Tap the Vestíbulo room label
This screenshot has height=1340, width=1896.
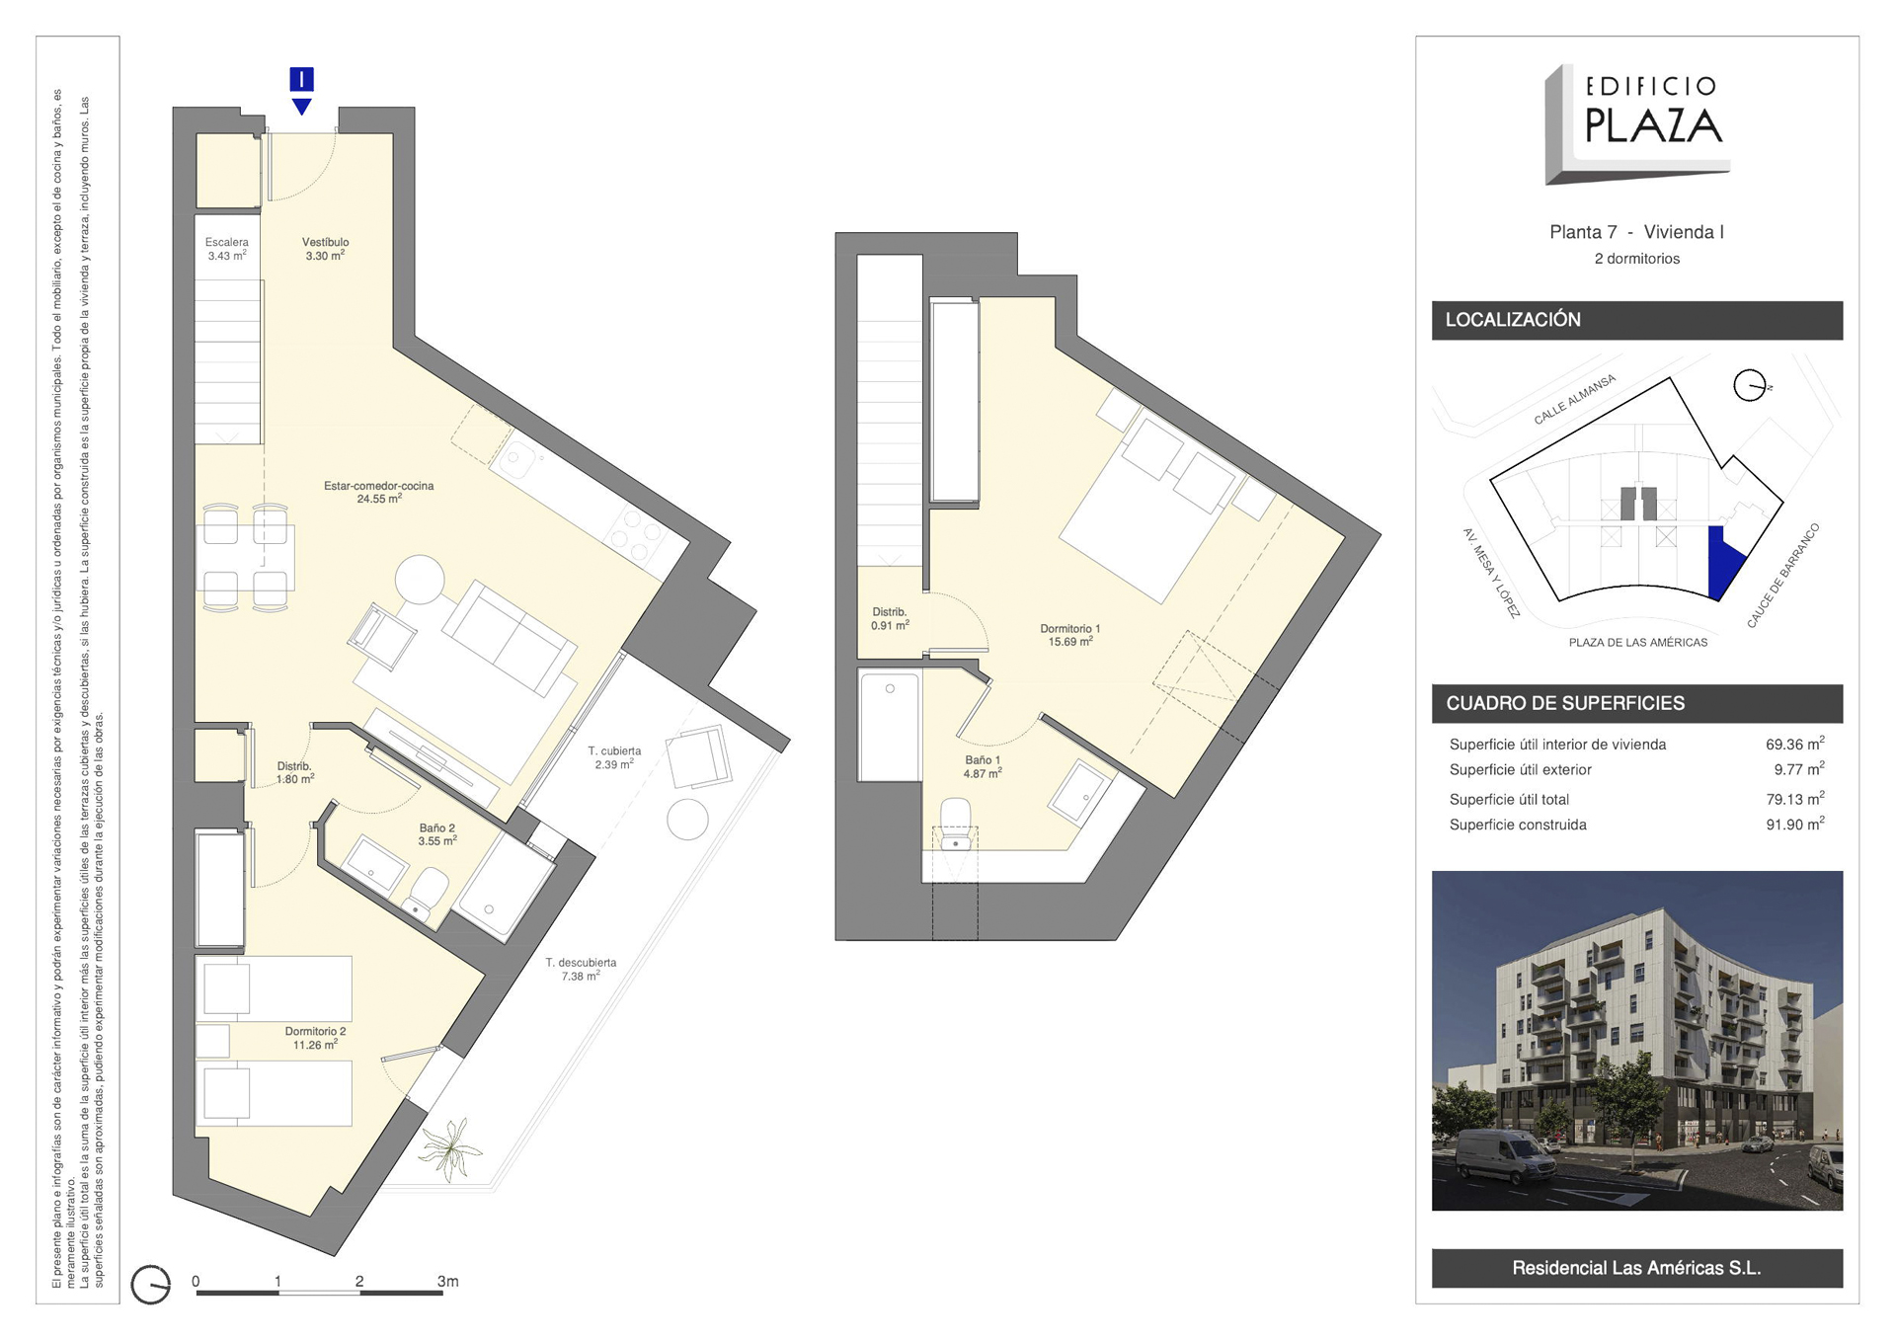325,249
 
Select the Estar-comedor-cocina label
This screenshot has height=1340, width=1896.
379,492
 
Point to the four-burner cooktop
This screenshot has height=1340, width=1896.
635,533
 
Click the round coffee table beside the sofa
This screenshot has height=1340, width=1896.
421,580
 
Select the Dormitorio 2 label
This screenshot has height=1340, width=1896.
315,1038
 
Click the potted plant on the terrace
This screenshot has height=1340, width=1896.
451,1149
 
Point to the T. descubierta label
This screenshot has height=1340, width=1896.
581,969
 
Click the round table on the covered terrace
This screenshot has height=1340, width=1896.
687,820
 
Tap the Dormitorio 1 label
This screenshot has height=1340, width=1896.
1069,635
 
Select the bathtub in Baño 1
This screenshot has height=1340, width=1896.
890,726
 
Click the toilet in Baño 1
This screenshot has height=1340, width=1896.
956,826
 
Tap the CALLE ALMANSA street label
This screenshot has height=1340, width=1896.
1575,399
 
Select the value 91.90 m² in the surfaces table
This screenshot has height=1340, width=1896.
1794,824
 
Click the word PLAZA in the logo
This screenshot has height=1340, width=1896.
1653,125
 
